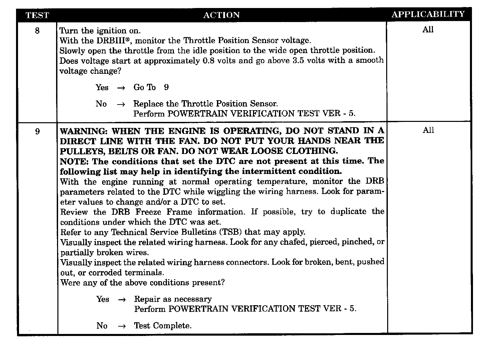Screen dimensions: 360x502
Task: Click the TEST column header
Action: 37,15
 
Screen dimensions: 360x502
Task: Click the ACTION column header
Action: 221,15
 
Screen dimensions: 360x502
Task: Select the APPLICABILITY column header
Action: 428,14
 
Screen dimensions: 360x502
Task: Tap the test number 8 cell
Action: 37,31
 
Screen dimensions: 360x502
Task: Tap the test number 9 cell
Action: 37,132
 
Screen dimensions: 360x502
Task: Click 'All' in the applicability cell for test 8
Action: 428,30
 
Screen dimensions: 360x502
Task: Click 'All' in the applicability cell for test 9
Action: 428,130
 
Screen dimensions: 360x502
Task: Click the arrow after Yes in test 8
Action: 121,88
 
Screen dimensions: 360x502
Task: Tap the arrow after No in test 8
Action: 121,105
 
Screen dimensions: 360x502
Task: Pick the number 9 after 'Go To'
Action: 166,87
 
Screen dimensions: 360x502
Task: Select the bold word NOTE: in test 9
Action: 74,162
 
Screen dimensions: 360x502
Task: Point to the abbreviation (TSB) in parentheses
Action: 230,232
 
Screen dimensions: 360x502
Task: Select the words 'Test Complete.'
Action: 163,326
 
